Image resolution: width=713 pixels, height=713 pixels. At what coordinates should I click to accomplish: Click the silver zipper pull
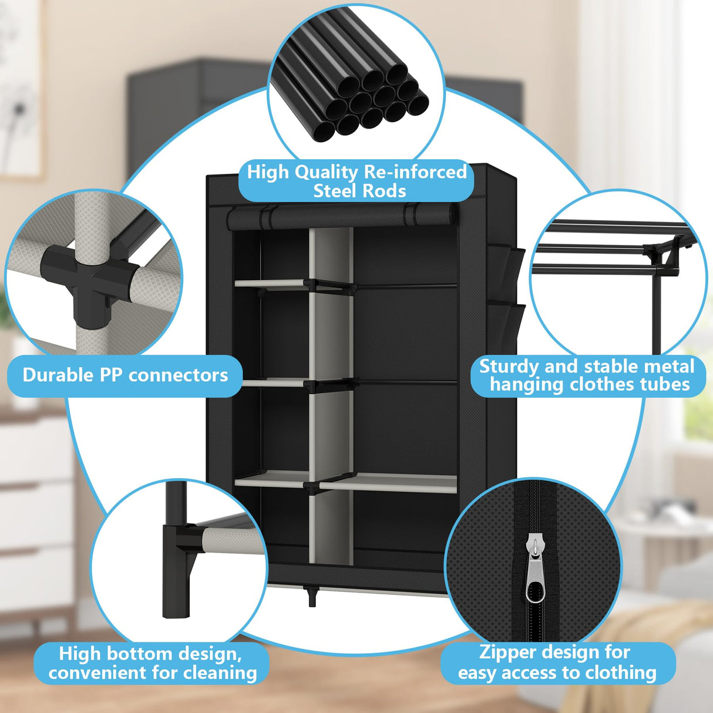click(x=535, y=570)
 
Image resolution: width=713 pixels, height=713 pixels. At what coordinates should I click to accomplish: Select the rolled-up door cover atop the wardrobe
click(x=341, y=216)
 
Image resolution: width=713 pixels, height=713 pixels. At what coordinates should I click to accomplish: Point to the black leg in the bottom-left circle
click(x=176, y=558)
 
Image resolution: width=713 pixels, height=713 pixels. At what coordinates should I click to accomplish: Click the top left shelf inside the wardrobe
click(x=271, y=283)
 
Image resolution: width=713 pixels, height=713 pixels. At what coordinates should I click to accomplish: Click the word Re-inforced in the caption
click(x=415, y=172)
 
